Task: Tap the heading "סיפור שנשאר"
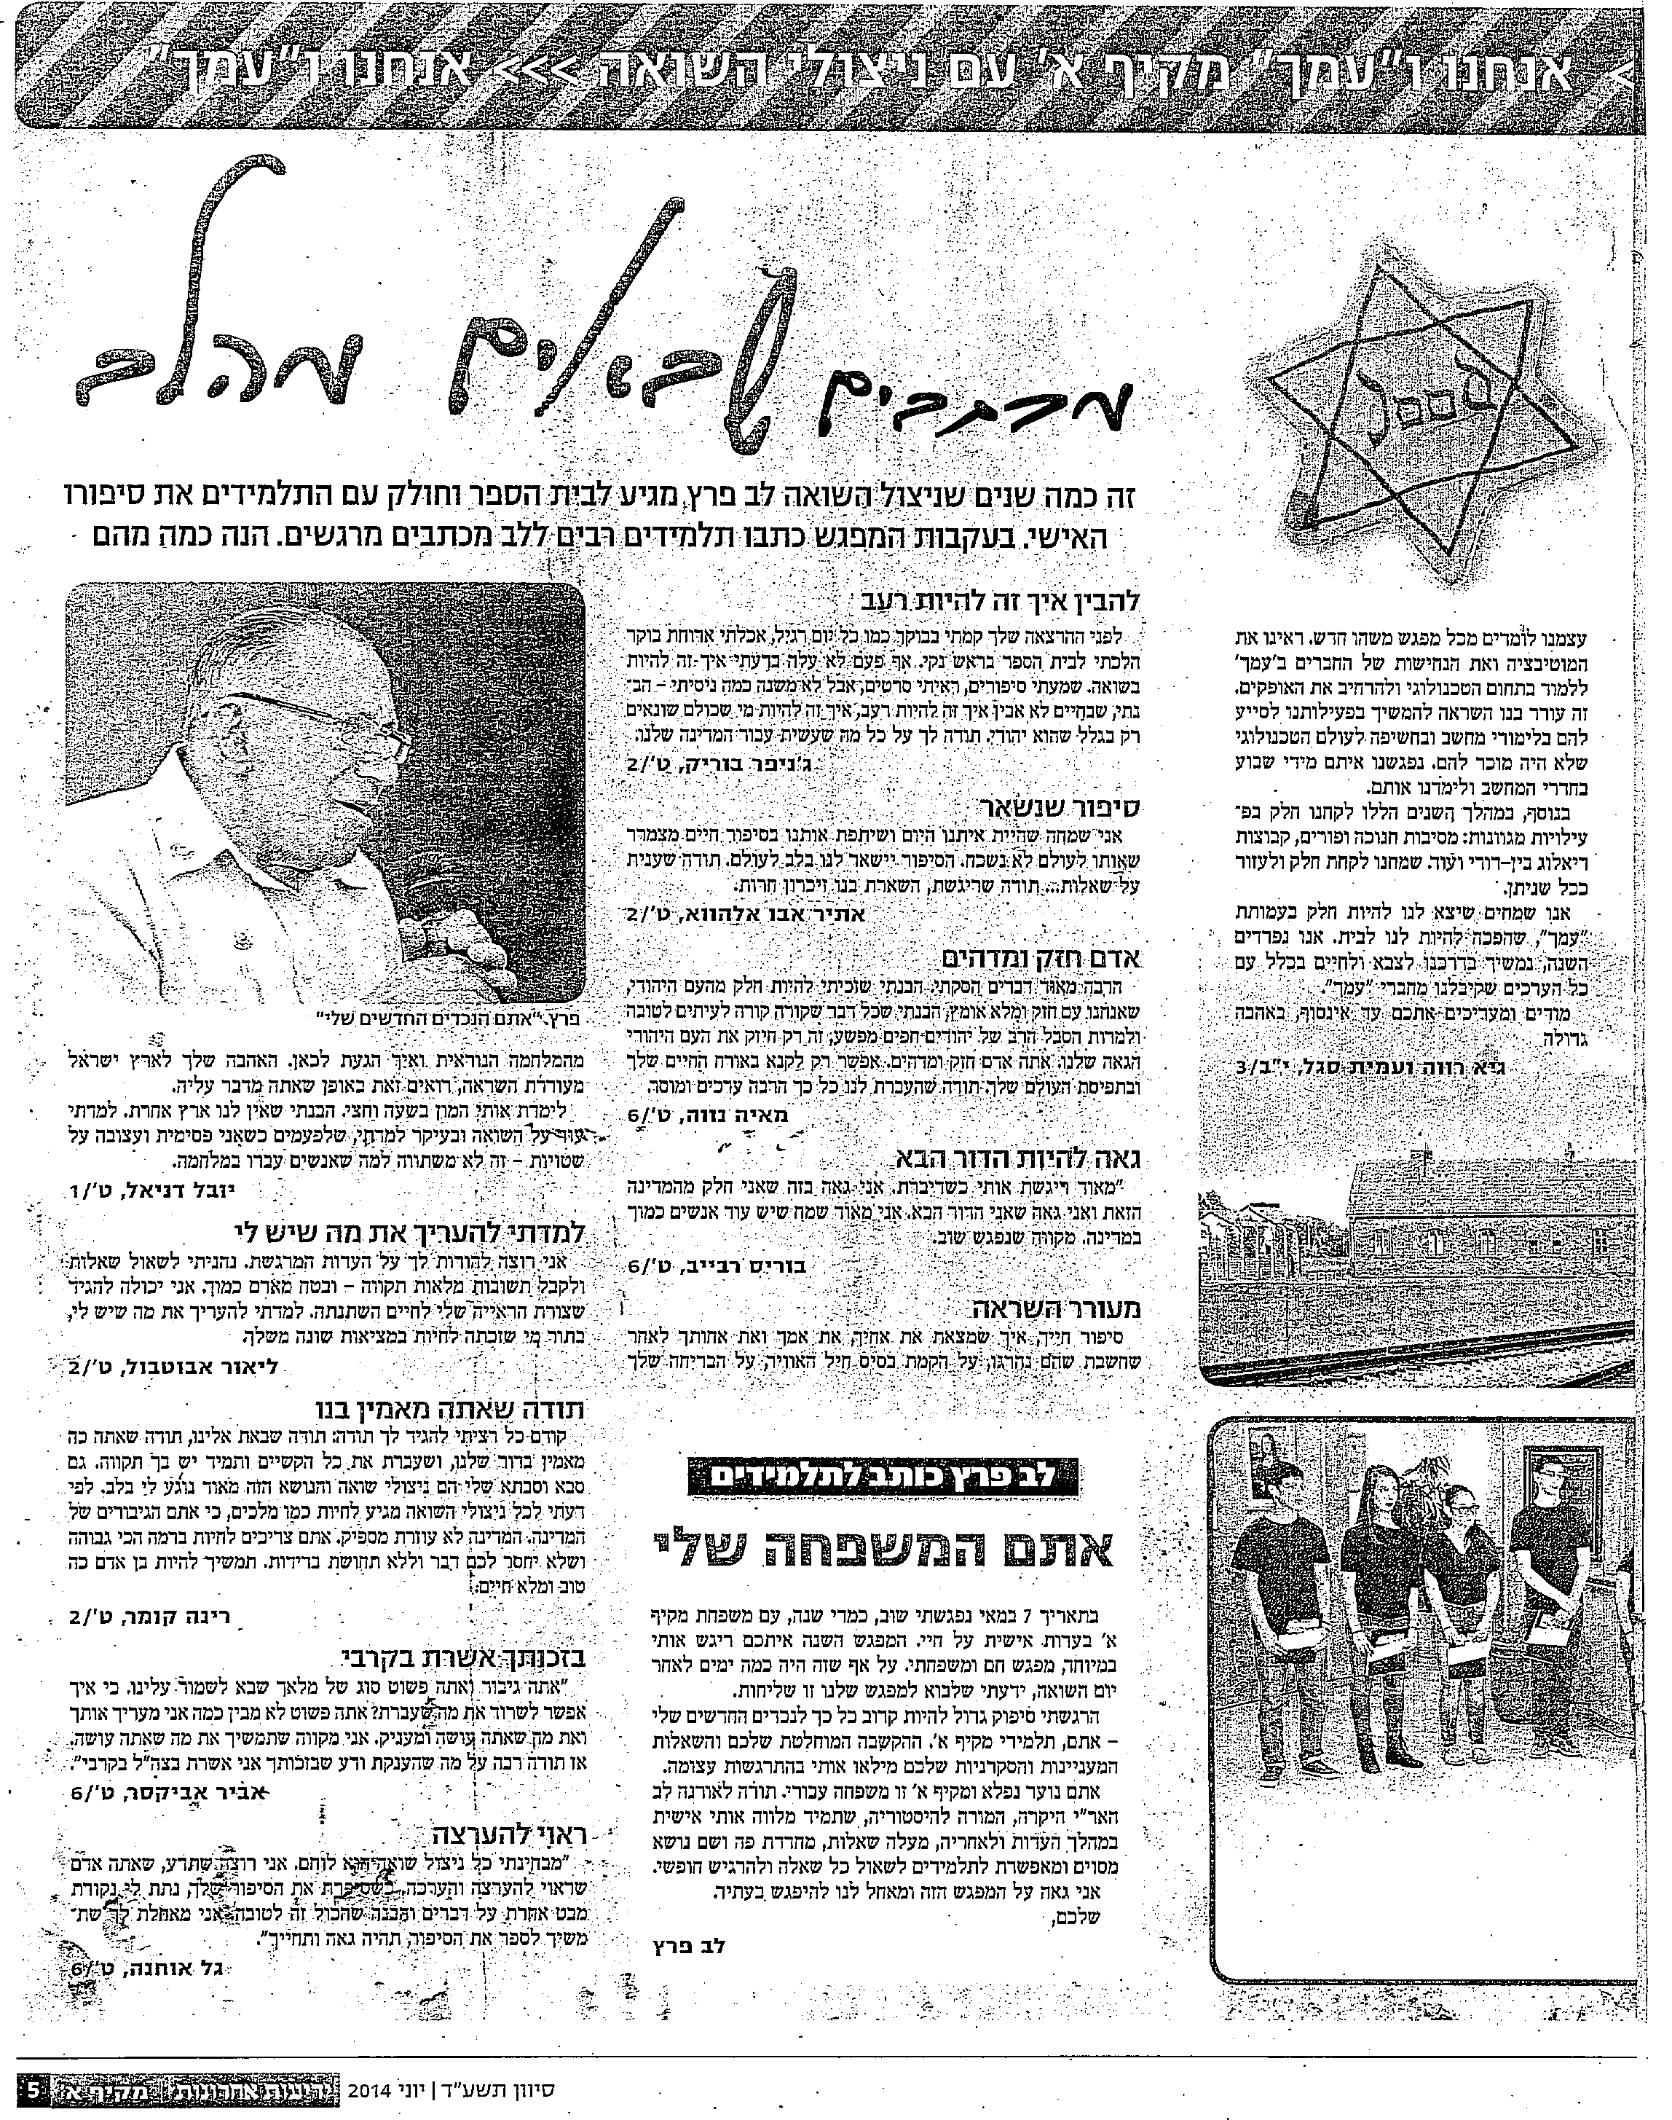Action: [1062, 806]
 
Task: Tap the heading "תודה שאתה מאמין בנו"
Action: [450, 1410]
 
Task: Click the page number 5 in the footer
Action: [32, 2086]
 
